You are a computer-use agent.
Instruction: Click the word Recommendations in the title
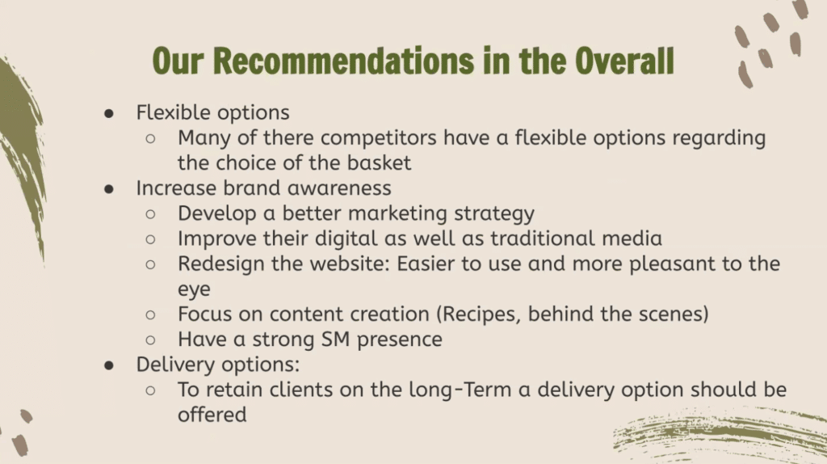click(344, 61)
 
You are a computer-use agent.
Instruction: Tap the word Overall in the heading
click(624, 61)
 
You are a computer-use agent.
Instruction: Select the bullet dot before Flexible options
click(109, 113)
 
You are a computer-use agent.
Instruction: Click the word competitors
click(378, 138)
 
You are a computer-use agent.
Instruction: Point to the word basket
click(379, 162)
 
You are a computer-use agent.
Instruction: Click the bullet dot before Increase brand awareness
click(109, 189)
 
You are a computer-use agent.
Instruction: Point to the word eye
click(194, 290)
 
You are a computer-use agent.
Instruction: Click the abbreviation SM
click(335, 340)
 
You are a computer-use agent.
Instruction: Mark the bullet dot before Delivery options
click(109, 365)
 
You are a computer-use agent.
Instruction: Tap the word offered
click(212, 415)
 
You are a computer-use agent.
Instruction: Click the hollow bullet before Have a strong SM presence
click(150, 340)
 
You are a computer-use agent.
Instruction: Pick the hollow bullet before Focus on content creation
click(150, 315)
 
